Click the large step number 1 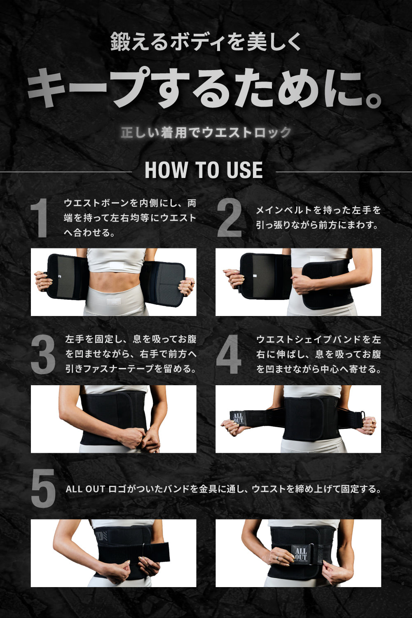40,218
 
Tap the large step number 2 229,218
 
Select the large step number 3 43,355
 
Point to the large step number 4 229,355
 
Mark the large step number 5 43,489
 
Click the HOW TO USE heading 204,171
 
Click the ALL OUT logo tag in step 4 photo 238,418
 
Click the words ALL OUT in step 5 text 85,489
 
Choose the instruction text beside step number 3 131,354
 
